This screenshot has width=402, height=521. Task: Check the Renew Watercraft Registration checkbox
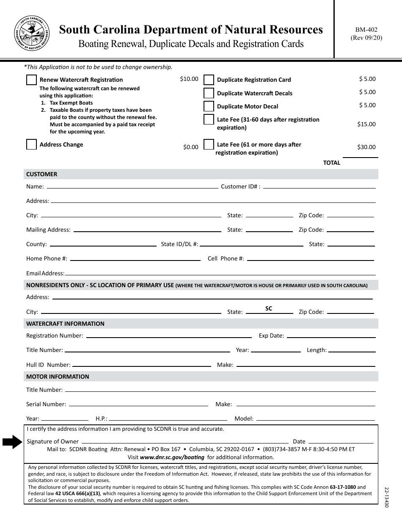[31, 80]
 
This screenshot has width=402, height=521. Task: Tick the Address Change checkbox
[31, 144]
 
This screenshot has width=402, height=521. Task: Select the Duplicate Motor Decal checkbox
[209, 106]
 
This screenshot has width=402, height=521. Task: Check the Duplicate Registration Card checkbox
[209, 80]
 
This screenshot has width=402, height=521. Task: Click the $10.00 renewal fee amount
[189, 79]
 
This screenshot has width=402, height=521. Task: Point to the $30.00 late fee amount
[366, 147]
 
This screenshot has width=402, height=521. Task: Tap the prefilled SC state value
[269, 309]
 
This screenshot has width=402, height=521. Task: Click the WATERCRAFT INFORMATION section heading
[65, 324]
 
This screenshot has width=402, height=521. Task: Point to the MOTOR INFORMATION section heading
[58, 377]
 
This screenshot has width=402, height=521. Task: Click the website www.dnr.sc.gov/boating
[172, 457]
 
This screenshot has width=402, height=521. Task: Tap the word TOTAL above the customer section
[332, 163]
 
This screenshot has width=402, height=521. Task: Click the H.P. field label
[102, 418]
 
